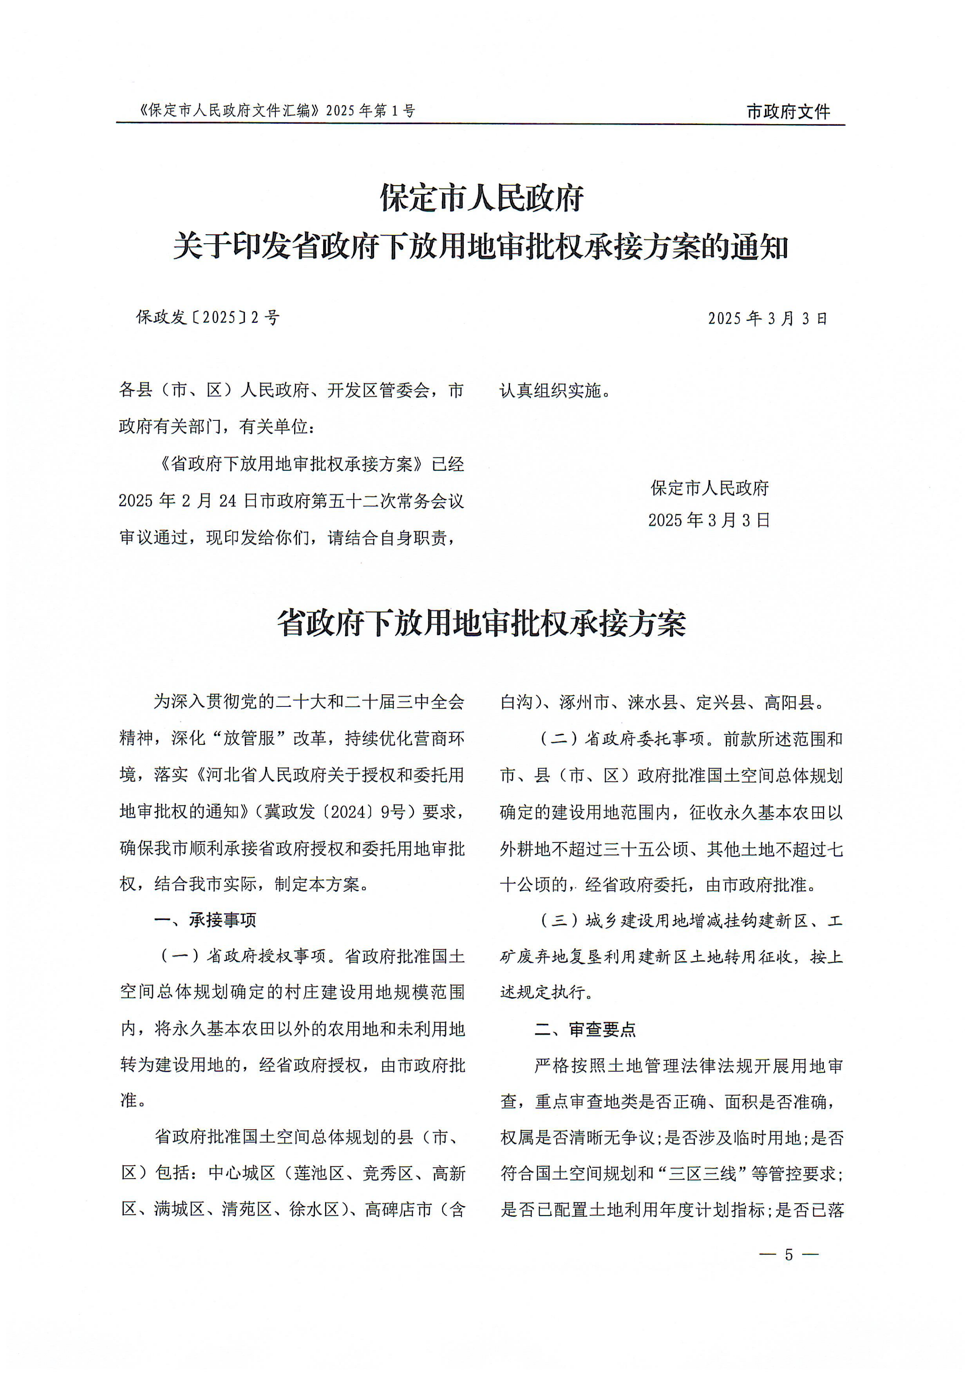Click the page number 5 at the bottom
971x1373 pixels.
pos(788,1254)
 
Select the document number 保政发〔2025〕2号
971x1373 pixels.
pos(208,318)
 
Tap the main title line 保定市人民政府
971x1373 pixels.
pos(482,198)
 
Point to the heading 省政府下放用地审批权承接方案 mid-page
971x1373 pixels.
pos(481,624)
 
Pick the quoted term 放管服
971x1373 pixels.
pos(249,738)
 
